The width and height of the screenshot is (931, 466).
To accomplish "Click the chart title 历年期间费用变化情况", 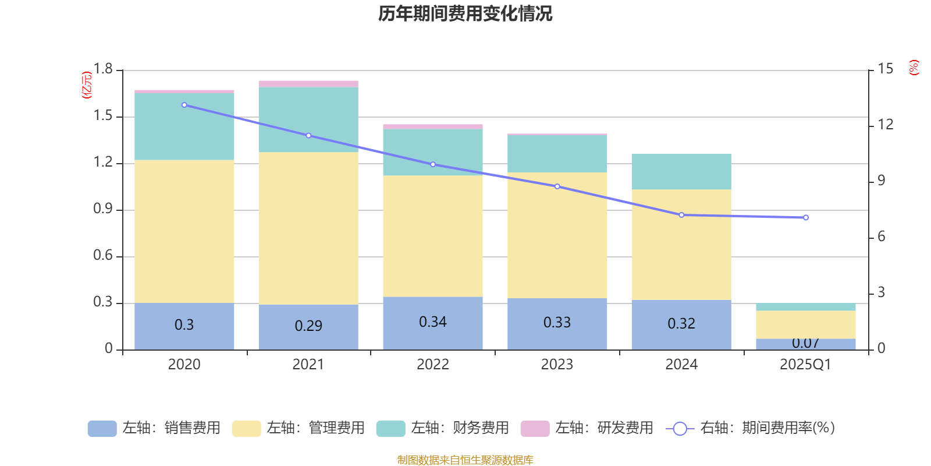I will (x=465, y=13).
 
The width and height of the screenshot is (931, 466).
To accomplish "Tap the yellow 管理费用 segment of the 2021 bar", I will (x=308, y=228).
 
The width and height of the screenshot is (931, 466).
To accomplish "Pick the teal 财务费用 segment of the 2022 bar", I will (x=433, y=152).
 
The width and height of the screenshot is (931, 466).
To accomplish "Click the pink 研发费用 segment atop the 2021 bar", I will (x=308, y=84).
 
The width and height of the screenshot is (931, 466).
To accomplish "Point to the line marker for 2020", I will (x=184, y=105).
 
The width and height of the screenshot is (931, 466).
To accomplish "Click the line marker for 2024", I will (x=681, y=215).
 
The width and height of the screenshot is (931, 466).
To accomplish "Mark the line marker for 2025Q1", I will (x=806, y=218).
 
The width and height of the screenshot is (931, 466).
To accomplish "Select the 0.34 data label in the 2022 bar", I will (x=433, y=322).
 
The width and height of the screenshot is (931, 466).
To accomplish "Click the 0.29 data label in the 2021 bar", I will (x=308, y=326).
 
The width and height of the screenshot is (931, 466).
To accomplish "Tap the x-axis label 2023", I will (x=557, y=365).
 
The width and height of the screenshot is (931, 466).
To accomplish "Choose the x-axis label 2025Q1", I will (x=805, y=365).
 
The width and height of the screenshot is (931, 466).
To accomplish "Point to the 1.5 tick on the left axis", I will (x=103, y=116).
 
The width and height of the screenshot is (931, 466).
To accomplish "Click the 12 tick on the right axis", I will (x=886, y=124).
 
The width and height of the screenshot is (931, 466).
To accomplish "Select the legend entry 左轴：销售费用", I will (x=155, y=428).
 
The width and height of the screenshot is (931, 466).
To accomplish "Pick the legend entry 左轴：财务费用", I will (x=443, y=428).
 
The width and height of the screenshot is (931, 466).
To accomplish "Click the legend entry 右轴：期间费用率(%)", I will (x=751, y=428).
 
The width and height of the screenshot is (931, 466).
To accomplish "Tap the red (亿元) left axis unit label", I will (x=87, y=85).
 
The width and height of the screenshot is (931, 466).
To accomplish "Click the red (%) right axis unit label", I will (x=914, y=68).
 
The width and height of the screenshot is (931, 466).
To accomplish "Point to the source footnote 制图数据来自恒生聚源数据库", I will (x=465, y=460).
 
